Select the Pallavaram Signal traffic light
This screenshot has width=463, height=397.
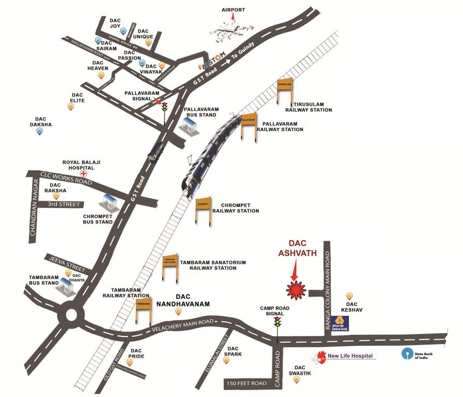pos(165,108)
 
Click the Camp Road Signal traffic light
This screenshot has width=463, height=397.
pos(277,323)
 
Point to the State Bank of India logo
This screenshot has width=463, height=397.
pos(408,354)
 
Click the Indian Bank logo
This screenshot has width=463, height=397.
pos(340,323)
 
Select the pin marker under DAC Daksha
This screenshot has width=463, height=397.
pos(39,131)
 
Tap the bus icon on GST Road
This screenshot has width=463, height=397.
pos(154,151)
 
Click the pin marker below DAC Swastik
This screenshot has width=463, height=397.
pos(296,380)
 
